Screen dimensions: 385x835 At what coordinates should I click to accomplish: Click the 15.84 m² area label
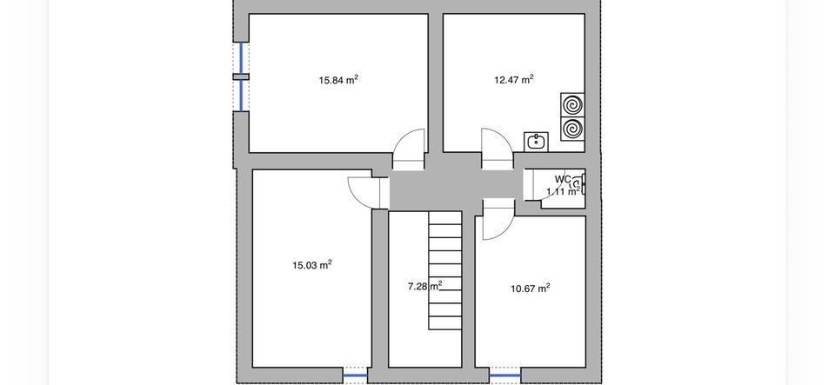pos(338,80)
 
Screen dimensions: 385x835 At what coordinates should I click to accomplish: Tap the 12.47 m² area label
pos(513,80)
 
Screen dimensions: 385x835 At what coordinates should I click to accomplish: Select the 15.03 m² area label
pos(312,265)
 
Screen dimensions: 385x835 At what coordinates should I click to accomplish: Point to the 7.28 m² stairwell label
pos(424,285)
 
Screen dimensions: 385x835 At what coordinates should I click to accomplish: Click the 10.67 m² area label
pos(530,288)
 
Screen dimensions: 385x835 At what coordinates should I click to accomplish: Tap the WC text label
pos(563,179)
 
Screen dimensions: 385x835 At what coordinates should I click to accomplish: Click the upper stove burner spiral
pos(573,105)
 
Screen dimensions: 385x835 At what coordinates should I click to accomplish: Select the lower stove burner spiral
pos(573,130)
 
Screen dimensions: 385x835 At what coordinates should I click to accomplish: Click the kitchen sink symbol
pos(536,141)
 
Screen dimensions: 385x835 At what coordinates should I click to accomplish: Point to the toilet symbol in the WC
pos(577,183)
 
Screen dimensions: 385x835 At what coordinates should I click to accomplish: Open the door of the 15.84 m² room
pos(408,149)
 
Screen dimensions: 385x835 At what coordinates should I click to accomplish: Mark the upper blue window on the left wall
pos(241,57)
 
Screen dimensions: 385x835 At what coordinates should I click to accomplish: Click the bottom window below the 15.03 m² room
pos(355,376)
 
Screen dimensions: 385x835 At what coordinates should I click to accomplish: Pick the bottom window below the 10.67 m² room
pos(504,376)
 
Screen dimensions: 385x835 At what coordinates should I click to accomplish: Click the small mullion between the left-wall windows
pos(241,76)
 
